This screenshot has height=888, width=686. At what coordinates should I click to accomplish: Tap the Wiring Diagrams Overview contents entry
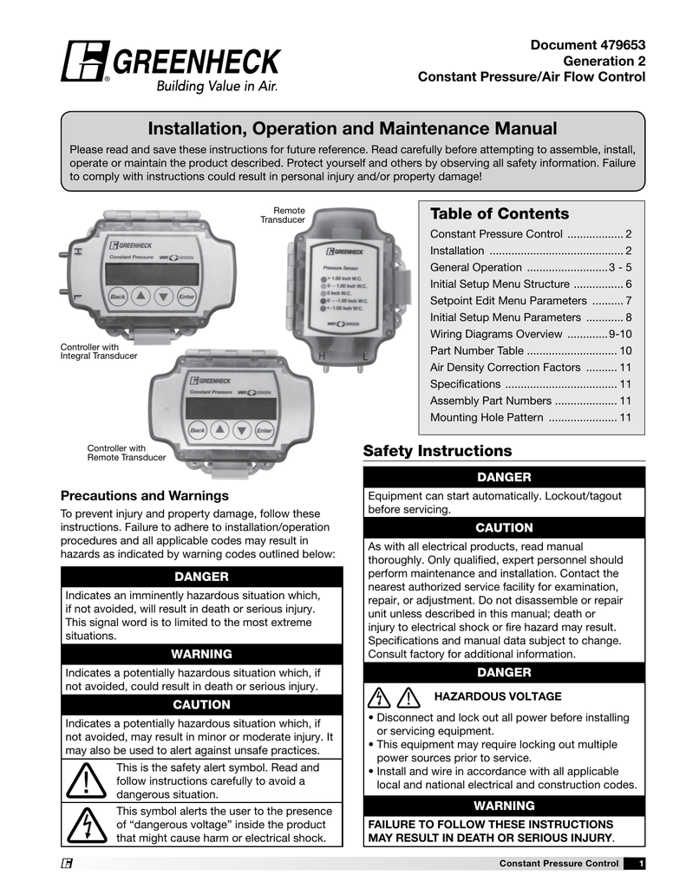pos(531,334)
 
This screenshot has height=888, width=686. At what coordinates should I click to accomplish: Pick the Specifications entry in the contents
pos(531,384)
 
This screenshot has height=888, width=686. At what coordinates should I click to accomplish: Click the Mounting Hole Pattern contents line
pos(531,417)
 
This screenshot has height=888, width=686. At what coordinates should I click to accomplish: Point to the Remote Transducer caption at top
pos(284,215)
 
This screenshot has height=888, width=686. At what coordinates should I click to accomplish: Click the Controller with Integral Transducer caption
pos(98,351)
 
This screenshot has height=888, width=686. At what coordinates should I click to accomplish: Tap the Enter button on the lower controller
pos(265,431)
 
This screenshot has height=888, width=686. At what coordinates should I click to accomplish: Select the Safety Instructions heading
pos(437,451)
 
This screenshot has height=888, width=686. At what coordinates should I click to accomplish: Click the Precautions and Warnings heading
pos(144,496)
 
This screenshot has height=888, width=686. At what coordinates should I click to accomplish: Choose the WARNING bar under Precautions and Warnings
pos(201,654)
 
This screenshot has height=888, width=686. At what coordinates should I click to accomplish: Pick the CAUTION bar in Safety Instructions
pos(504,528)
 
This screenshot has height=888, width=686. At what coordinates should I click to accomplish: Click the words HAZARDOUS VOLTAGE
pos(497,696)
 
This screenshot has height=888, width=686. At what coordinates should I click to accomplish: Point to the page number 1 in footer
pos(640,864)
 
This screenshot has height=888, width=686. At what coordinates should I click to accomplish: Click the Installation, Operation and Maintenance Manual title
pos(352,129)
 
